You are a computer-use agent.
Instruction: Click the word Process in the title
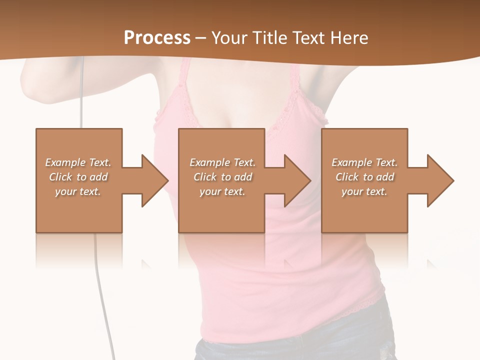pos(157,38)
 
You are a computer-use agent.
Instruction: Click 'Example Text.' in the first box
pos(78,162)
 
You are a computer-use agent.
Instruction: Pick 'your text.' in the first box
pos(78,191)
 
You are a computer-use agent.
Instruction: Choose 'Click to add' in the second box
pos(222,177)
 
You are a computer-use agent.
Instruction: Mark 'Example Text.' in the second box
pos(222,162)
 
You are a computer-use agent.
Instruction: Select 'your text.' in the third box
pos(364,191)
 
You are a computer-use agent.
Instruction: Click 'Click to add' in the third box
pos(364,177)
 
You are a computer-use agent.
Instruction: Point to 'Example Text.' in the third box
pos(364,162)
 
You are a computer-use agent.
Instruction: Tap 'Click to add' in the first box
pos(78,177)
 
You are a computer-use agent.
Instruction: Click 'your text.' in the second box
pos(222,191)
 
